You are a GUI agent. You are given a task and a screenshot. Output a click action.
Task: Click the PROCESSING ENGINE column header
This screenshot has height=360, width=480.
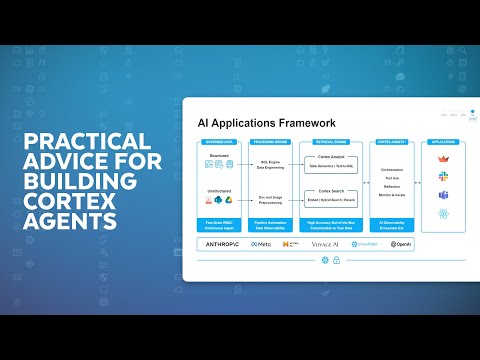[270, 143]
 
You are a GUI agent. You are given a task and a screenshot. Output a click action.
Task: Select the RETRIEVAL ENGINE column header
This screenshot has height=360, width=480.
[331, 143]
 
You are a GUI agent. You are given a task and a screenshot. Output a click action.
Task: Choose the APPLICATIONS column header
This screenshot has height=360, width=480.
[442, 143]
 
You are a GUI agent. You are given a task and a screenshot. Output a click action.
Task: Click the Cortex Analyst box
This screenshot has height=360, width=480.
[331, 163]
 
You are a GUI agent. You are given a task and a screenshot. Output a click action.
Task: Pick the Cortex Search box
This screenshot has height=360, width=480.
[331, 195]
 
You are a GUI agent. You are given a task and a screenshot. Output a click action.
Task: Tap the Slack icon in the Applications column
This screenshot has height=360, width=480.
[442, 177]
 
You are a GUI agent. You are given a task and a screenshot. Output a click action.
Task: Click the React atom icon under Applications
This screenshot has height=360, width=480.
[442, 214]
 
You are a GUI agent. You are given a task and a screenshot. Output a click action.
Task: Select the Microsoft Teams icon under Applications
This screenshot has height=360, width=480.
[442, 195]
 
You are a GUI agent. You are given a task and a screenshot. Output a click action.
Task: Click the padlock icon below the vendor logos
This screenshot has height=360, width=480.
[339, 260]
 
